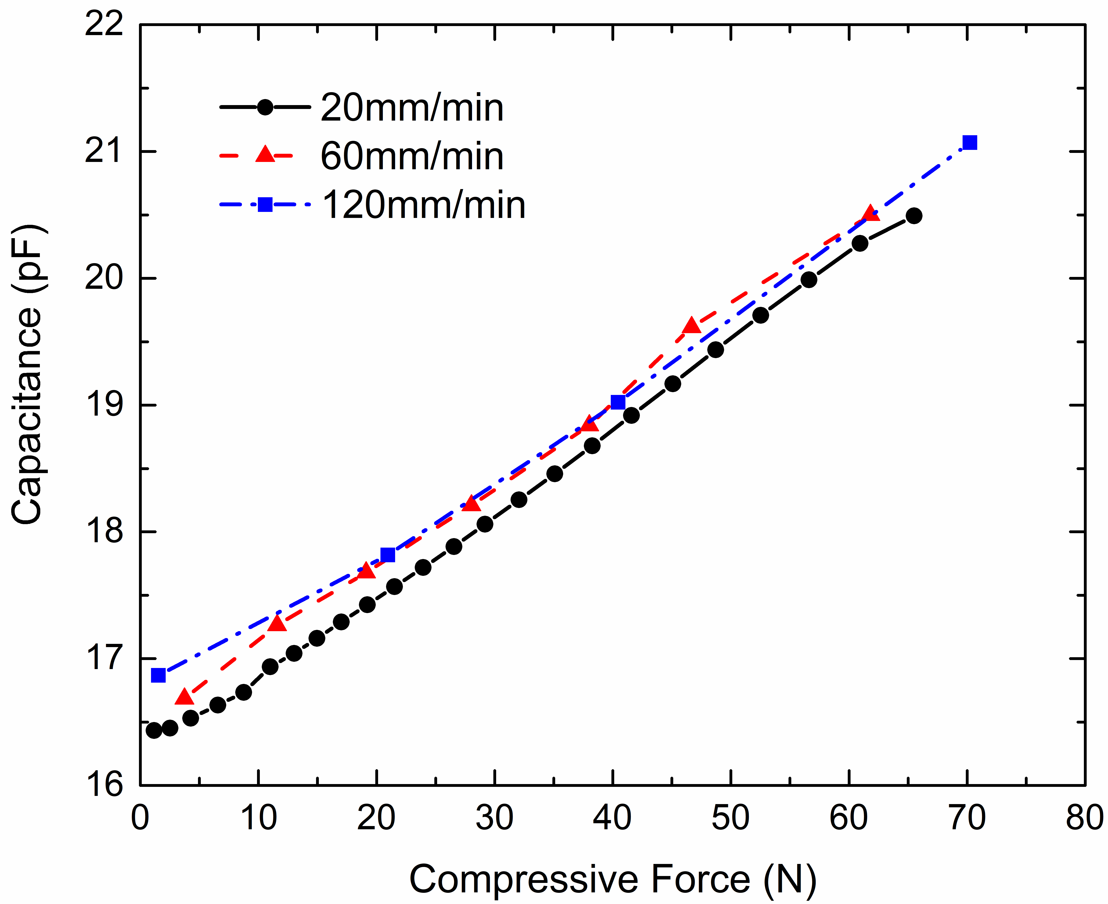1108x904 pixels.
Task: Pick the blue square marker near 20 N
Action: (x=388, y=555)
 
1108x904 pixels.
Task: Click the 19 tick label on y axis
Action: (x=104, y=405)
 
